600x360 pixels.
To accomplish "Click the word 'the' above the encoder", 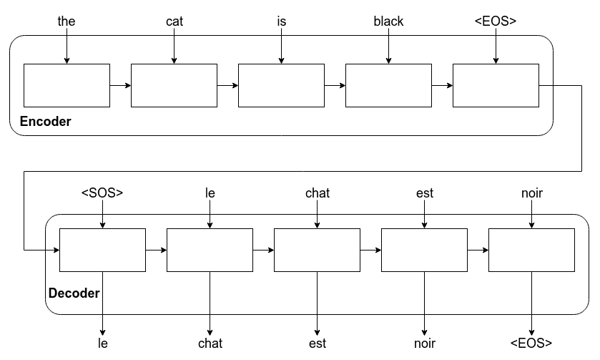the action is pos(67,21).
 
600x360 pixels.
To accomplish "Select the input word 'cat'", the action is pos(174,21).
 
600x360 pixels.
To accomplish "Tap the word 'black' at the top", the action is pos(388,21).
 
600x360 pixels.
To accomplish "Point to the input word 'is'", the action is pos(282,21).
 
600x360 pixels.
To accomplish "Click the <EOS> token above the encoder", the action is pos(496,21).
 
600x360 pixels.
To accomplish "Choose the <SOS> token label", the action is pos(102,193).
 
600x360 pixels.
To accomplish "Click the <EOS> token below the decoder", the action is pos(531,343).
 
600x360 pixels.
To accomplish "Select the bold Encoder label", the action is pos(46,122).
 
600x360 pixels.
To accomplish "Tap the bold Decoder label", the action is pos(74,293).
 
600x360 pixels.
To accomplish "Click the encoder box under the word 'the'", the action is pos(67,85).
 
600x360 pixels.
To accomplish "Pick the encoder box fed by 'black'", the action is pos(388,85).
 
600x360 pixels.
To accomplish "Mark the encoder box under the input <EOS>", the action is pos(496,85).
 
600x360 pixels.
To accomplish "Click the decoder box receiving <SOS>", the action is pos(102,250).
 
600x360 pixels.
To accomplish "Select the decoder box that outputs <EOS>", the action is pos(531,250).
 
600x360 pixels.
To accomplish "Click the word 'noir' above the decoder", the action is pos(532,193).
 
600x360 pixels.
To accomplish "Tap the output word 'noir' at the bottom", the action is pos(425,343).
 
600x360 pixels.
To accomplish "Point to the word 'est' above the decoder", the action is pos(425,193).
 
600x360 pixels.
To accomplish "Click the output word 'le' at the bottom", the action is pos(102,343).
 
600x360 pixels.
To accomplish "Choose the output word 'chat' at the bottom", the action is pos(210,343).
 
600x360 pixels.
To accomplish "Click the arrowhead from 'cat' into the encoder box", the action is pos(174,61).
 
